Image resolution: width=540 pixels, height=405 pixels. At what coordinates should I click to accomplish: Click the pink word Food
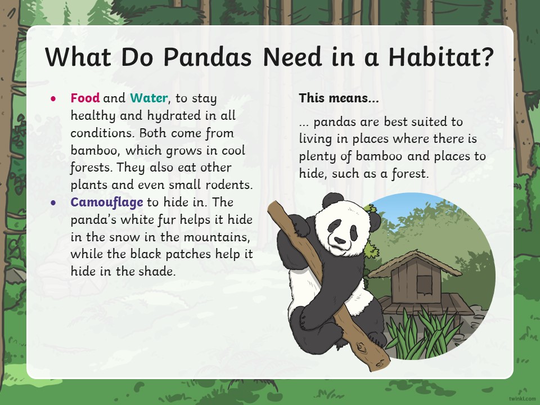click(85, 98)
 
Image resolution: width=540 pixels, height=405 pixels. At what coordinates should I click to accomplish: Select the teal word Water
click(148, 98)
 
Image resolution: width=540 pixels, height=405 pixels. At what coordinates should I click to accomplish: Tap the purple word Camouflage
click(107, 202)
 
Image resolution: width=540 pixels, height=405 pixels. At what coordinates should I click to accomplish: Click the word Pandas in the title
click(208, 57)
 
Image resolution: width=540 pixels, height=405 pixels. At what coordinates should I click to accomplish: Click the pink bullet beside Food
click(53, 99)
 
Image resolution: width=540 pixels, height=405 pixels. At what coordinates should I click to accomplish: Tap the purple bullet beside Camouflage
click(53, 203)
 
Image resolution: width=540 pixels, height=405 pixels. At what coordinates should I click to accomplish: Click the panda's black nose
click(340, 240)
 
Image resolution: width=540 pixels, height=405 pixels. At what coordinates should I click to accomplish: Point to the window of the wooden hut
click(424, 285)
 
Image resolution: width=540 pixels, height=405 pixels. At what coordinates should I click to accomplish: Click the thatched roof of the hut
click(415, 263)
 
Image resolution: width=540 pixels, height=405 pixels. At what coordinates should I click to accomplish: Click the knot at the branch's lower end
click(361, 347)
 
